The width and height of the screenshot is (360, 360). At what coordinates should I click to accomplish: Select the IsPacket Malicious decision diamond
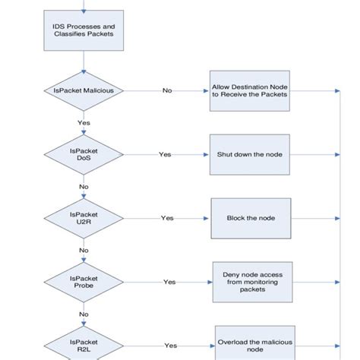pyautogui.click(x=83, y=91)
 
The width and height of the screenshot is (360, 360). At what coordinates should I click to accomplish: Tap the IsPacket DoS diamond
pyautogui.click(x=83, y=154)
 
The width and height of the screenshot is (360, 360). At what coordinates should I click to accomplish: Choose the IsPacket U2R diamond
pyautogui.click(x=83, y=218)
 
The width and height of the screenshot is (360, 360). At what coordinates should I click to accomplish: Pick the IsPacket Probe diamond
pyautogui.click(x=83, y=282)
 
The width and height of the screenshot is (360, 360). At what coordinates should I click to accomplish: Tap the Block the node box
pyautogui.click(x=251, y=218)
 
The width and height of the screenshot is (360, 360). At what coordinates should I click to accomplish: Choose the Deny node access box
pyautogui.click(x=251, y=281)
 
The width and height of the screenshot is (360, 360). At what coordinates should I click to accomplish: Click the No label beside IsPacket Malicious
pyautogui.click(x=167, y=91)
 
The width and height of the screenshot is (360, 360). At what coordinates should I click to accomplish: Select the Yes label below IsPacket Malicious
pyautogui.click(x=83, y=123)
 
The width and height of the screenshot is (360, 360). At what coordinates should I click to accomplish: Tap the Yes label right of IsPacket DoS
pyautogui.click(x=165, y=154)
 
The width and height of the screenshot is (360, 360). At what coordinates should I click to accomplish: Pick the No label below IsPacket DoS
pyautogui.click(x=83, y=186)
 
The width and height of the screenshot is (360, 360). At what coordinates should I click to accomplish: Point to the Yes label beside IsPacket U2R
pyautogui.click(x=167, y=218)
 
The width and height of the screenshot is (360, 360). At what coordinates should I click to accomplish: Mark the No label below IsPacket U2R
pyautogui.click(x=83, y=250)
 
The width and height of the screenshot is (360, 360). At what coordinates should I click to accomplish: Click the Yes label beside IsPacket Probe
pyautogui.click(x=170, y=282)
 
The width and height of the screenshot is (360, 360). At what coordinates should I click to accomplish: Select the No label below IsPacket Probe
pyautogui.click(x=83, y=313)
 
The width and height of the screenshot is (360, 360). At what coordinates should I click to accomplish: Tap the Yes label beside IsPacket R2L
pyautogui.click(x=171, y=345)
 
